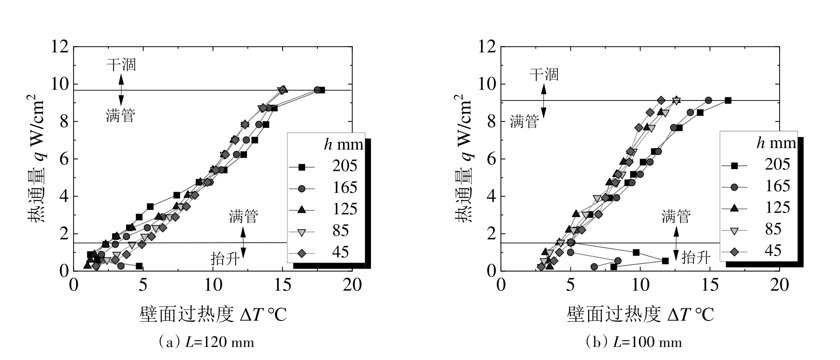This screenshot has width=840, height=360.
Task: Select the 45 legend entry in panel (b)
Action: pyautogui.click(x=759, y=250)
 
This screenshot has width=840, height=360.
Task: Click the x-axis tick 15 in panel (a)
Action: pyautogui.click(x=283, y=285)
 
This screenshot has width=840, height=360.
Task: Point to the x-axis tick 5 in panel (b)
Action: pyautogui.click(x=571, y=285)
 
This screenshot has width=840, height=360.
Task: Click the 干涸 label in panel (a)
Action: pyautogui.click(x=121, y=65)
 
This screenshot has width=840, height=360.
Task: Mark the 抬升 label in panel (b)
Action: pyautogui.click(x=696, y=258)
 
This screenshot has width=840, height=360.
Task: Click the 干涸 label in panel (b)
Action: pyautogui.click(x=543, y=74)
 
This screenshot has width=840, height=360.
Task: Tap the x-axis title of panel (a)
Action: pyautogui.click(x=213, y=314)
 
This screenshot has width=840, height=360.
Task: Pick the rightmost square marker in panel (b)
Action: pyautogui.click(x=728, y=100)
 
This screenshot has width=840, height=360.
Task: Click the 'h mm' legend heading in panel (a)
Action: pyautogui.click(x=340, y=144)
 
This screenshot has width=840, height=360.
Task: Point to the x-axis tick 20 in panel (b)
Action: pyautogui.click(x=779, y=285)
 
